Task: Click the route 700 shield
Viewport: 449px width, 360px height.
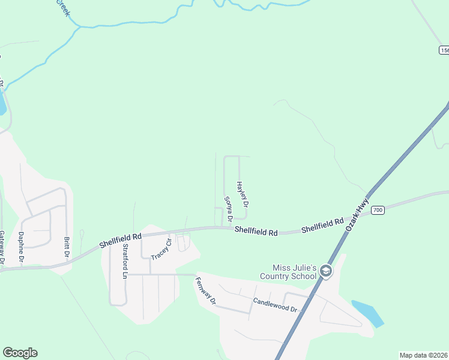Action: tap(377, 210)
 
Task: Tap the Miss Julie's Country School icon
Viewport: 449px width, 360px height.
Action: tap(326, 271)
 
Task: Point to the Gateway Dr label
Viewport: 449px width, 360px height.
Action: tap(2, 247)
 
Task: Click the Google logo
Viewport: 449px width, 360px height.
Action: tap(20, 353)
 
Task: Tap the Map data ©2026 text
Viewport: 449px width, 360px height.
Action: tap(423, 355)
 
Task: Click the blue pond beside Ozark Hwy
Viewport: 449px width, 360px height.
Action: tap(368, 313)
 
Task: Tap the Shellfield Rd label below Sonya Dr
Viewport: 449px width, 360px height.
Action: tap(256, 231)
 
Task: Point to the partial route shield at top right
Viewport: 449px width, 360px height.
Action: tap(444, 50)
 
